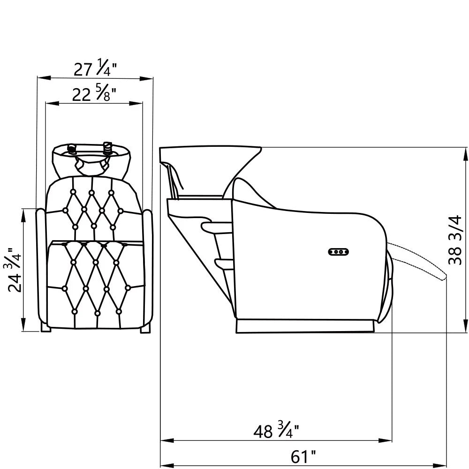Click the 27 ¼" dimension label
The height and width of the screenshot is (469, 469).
pyautogui.click(x=95, y=69)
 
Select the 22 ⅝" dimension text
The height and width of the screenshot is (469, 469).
pyautogui.click(x=94, y=95)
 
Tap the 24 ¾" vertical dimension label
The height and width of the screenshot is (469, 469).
pyautogui.click(x=15, y=270)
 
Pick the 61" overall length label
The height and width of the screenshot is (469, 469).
pyautogui.click(x=303, y=456)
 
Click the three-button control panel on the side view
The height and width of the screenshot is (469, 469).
pyautogui.click(x=339, y=252)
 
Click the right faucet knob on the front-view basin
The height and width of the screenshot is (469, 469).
pyautogui.click(x=107, y=148)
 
